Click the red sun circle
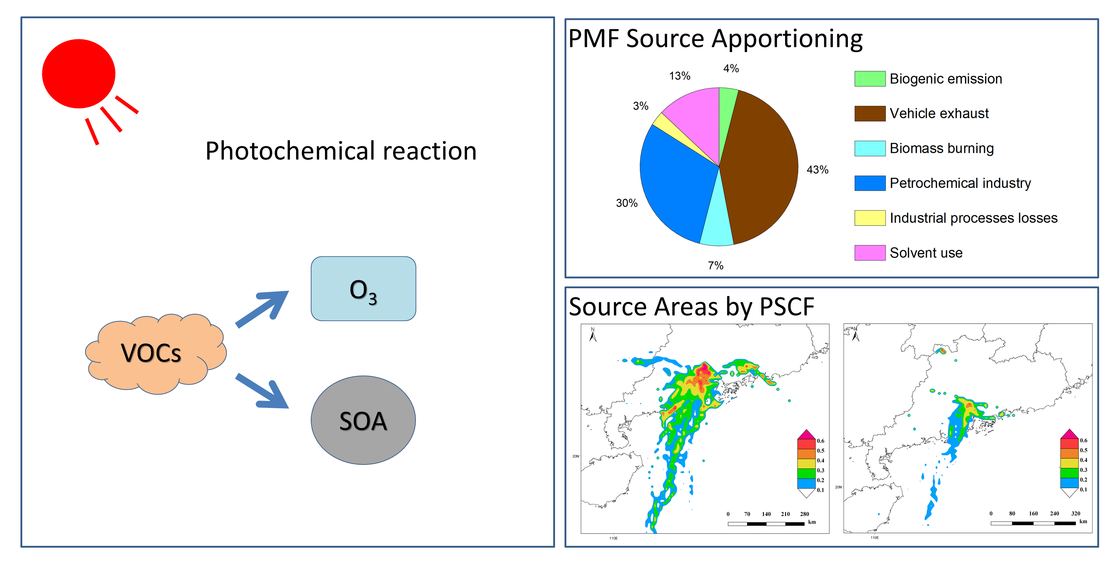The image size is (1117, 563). pyautogui.click(x=79, y=74)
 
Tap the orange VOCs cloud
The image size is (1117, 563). pyautogui.click(x=152, y=353)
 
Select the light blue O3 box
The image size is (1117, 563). pyautogui.click(x=363, y=289)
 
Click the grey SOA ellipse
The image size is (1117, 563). pyautogui.click(x=363, y=420)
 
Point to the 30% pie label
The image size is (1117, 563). pyautogui.click(x=627, y=203)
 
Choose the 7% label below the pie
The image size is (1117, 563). pyautogui.click(x=715, y=265)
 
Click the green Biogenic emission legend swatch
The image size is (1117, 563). pyautogui.click(x=869, y=79)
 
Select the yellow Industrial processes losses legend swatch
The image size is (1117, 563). pyautogui.click(x=869, y=217)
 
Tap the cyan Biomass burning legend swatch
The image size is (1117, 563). pyautogui.click(x=869, y=148)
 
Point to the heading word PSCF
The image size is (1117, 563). pyautogui.click(x=787, y=307)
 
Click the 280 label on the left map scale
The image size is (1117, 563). pyautogui.click(x=804, y=514)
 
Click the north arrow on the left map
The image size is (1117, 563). pyautogui.click(x=593, y=335)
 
